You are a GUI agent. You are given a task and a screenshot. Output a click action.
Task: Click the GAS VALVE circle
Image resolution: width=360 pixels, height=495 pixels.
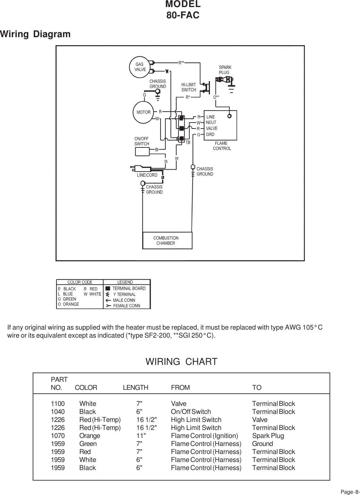click(140, 67)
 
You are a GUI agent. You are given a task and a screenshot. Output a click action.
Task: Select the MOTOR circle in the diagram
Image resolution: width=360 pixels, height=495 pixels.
click(143, 113)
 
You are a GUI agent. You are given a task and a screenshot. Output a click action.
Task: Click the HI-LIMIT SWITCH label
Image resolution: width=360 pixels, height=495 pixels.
click(188, 87)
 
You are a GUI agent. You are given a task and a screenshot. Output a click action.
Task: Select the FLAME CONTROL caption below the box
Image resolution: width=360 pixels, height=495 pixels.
click(222, 146)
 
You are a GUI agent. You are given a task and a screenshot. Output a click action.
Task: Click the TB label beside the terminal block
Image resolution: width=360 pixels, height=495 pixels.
click(188, 142)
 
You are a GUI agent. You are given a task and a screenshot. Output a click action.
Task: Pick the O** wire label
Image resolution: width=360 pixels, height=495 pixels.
click(216, 97)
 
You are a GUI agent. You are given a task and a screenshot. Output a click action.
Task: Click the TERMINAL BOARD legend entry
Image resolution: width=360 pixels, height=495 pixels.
click(129, 288)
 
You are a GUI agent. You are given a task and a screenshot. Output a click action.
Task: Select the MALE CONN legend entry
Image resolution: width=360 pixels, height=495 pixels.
click(124, 300)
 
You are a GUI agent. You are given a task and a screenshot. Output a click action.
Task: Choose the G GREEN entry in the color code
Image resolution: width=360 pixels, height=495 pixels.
click(67, 299)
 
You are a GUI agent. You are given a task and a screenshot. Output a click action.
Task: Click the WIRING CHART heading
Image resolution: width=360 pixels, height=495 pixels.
click(181, 362)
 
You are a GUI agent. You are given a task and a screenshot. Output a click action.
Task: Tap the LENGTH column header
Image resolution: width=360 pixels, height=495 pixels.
click(136, 388)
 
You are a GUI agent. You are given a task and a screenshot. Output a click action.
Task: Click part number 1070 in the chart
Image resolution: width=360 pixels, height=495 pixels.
click(58, 436)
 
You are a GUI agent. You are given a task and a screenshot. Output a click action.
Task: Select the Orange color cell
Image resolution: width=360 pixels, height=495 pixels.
click(90, 436)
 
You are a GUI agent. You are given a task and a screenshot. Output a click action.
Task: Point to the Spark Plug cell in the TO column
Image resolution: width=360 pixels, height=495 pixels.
click(268, 436)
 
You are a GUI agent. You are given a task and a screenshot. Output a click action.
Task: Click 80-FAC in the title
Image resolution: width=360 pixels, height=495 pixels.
click(183, 15)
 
